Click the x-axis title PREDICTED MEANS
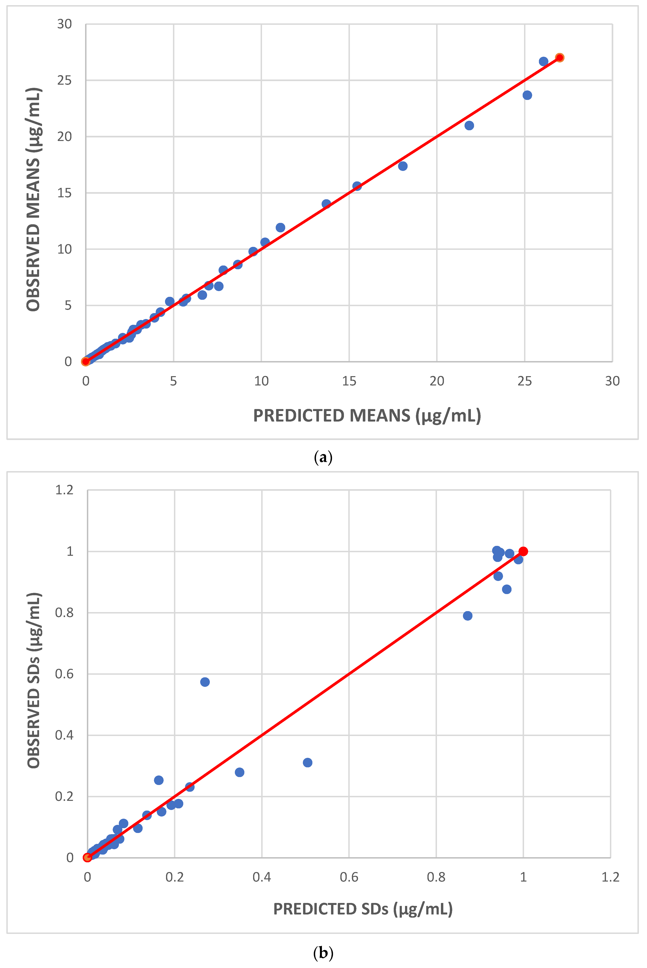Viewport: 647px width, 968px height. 367,416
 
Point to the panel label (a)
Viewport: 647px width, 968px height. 323,458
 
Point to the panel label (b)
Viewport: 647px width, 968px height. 323,953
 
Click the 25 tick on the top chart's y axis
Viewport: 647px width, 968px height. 64,81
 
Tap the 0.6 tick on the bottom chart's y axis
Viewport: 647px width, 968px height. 64,674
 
